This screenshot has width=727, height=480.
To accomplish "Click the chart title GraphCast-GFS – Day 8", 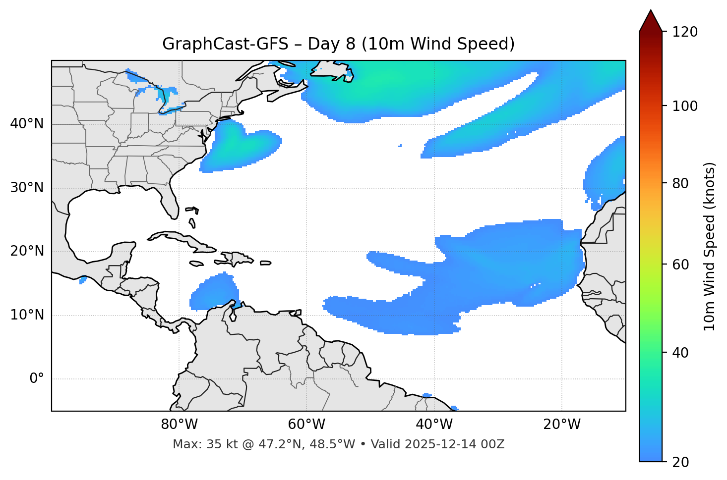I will pos(338,44).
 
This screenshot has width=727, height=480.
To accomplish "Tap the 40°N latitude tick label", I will pos(27,124).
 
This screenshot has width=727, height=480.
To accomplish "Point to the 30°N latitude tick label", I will pos(27,188).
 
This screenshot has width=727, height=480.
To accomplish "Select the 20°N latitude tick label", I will pos(27,251).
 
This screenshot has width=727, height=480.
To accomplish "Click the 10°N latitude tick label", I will pos(27,315).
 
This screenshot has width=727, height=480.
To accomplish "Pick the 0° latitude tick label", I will pos(37,379).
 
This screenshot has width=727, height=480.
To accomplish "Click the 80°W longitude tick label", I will pos(179,425).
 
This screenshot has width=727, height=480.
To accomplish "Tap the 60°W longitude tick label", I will pos(306,425).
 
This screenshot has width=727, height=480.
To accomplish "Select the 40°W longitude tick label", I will pos(434,425).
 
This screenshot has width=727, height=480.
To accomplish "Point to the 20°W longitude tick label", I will pos(562,425).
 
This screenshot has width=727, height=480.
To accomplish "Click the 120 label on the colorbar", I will pos(685,32).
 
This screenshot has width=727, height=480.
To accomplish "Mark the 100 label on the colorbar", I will pos(685,106).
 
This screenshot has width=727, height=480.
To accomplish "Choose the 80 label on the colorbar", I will pos(680,183).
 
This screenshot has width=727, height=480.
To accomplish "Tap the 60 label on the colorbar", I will pos(680,265).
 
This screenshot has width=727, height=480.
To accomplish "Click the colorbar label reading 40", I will pos(680,353).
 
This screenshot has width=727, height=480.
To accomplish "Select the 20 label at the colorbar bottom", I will pos(680,462).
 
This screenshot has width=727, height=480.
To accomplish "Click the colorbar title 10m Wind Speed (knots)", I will pos(710,246).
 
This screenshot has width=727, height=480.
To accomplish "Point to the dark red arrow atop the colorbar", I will pos(651,21).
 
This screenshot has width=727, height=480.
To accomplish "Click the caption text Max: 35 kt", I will pos(196,444).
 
